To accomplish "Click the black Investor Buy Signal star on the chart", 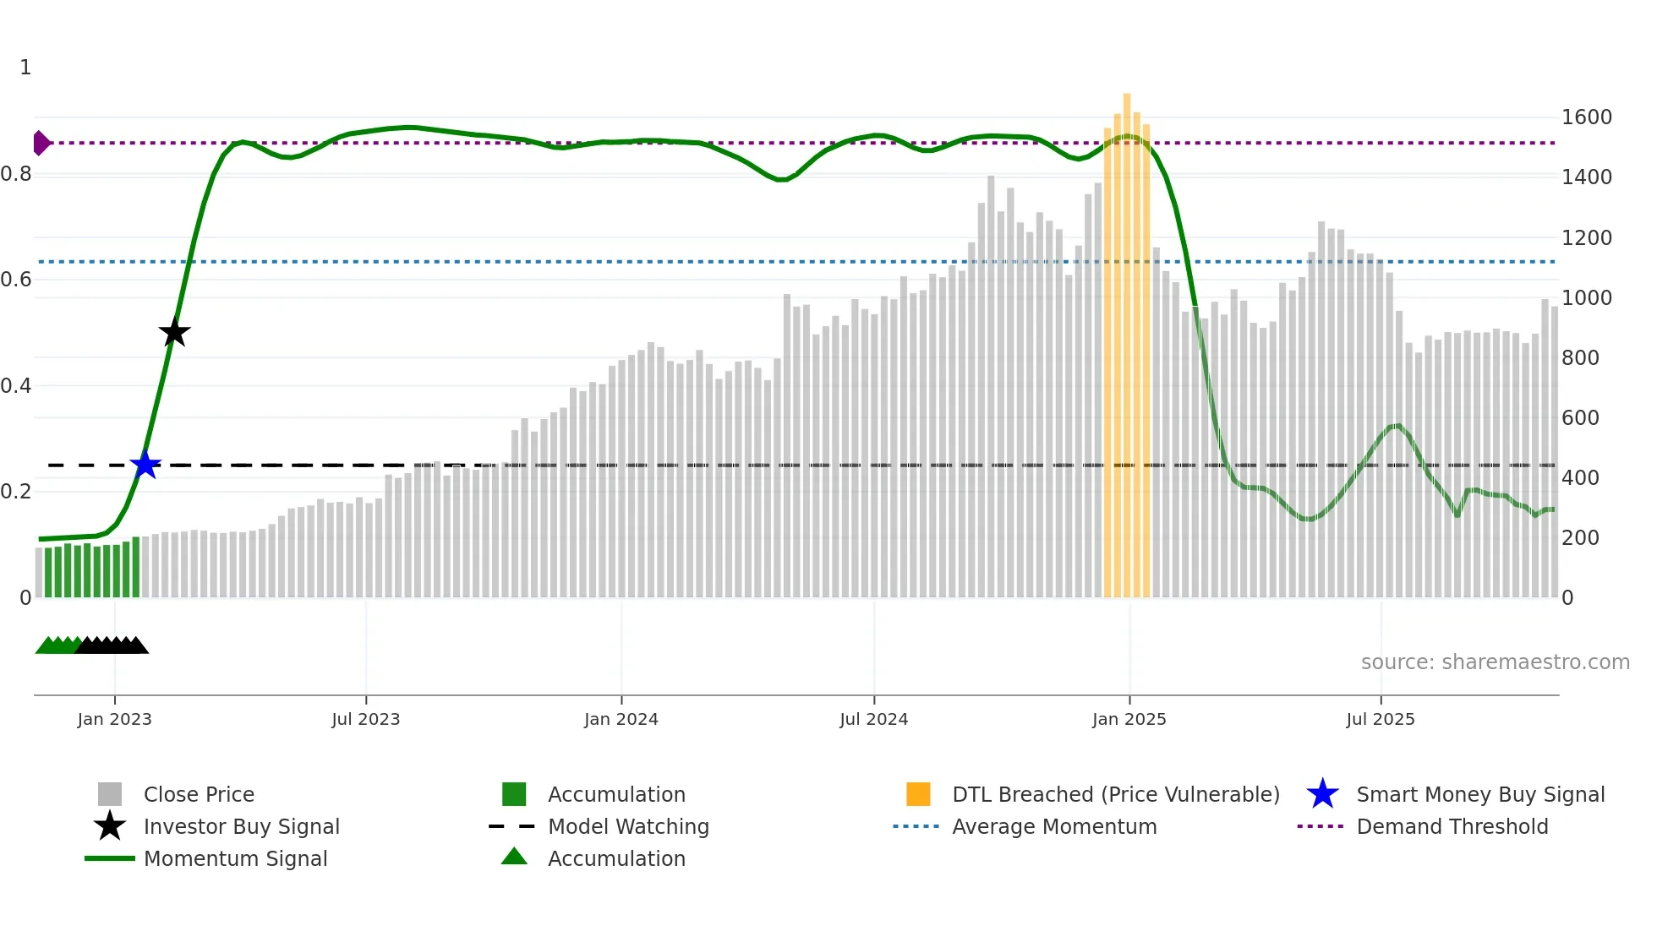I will (174, 333).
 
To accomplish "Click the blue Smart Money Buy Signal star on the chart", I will (145, 465).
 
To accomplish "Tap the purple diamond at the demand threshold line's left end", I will (41, 143).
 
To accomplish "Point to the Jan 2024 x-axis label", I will (621, 719).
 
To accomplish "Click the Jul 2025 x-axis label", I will (1380, 719).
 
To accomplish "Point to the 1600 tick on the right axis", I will (1586, 117).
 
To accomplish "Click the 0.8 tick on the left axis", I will (17, 174).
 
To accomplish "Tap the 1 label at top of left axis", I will (25, 68).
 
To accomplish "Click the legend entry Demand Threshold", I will (1452, 826).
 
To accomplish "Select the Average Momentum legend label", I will (1053, 826).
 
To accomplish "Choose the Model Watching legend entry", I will (628, 826).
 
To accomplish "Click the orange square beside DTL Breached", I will (918, 794).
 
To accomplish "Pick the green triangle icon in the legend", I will (514, 857).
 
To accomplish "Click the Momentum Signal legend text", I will (235, 858).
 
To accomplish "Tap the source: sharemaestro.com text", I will (1495, 662).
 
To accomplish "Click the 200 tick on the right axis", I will (1579, 538).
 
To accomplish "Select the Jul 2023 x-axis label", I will (365, 719).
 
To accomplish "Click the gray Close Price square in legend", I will (110, 794).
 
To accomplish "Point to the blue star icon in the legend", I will (1322, 794).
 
